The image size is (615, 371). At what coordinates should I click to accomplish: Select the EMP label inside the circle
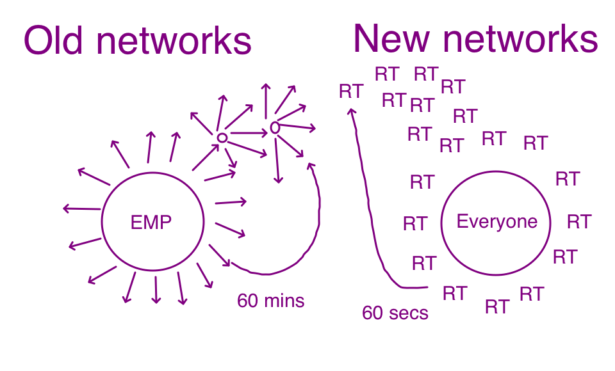(151, 223)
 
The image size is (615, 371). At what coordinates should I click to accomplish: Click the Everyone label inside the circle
(496, 222)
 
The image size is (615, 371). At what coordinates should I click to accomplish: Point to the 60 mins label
(270, 301)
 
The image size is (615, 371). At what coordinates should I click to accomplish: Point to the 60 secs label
(395, 313)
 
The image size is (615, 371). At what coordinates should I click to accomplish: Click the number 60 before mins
(247, 301)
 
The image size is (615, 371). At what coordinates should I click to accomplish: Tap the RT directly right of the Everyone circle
(578, 222)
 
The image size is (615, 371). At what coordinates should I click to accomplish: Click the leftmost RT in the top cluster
(351, 91)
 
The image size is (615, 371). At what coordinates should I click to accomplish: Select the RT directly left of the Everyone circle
(414, 224)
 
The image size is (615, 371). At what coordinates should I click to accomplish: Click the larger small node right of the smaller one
(274, 128)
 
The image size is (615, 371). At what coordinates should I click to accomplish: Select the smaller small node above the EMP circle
(221, 138)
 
